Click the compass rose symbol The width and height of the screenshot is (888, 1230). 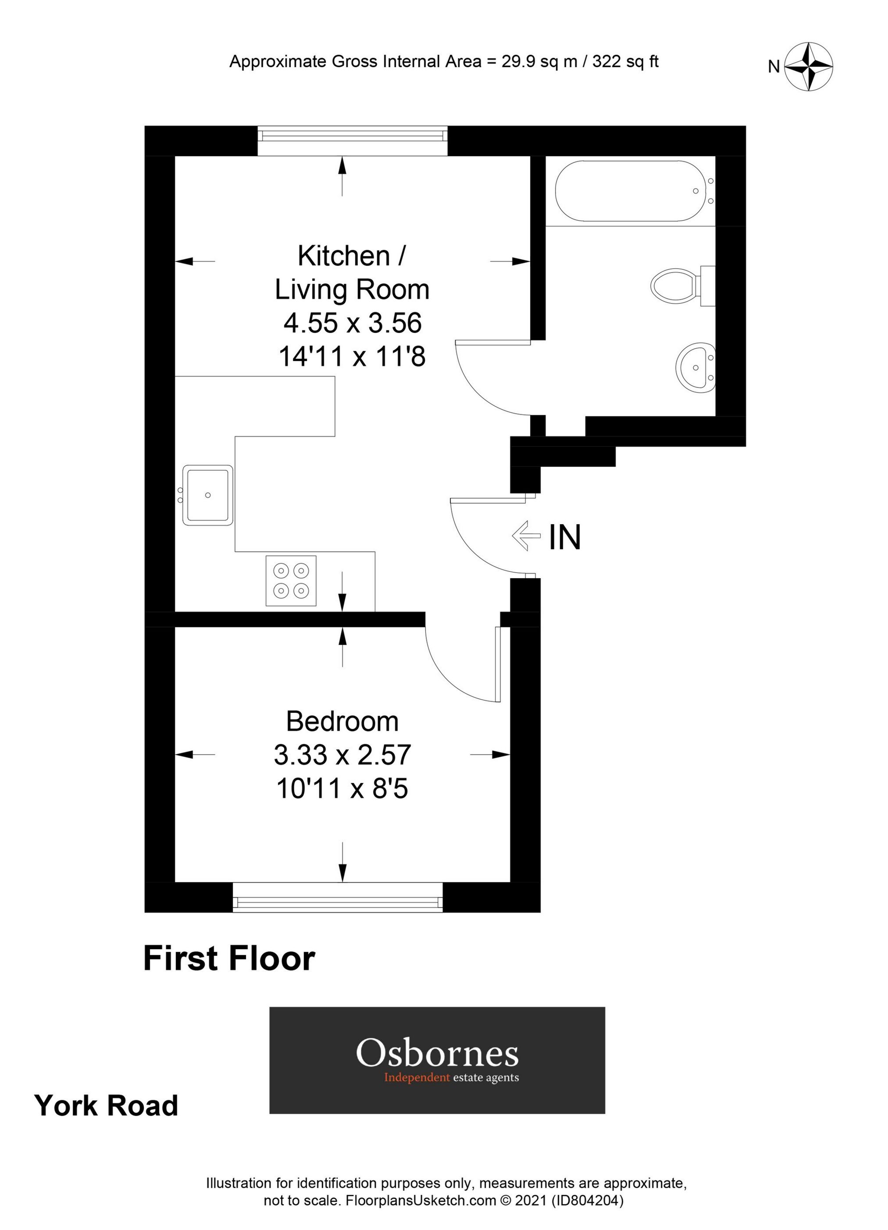809,67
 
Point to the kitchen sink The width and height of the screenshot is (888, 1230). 207,495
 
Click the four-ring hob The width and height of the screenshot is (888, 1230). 291,581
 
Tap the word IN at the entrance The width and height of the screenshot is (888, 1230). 565,537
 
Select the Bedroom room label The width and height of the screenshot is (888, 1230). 342,721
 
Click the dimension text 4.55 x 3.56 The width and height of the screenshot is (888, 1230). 353,323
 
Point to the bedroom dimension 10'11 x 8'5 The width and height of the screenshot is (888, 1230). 342,789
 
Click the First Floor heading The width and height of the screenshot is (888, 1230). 229,959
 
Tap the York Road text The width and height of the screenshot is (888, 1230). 106,1105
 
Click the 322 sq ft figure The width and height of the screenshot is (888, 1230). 625,61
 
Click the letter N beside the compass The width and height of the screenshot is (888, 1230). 774,67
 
